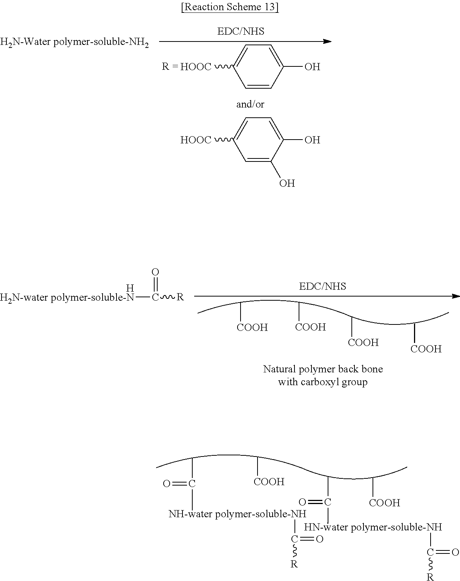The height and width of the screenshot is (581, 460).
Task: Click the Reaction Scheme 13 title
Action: [230, 7]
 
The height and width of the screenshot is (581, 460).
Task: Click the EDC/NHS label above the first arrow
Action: [241, 31]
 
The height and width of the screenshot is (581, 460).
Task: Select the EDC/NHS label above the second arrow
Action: [322, 286]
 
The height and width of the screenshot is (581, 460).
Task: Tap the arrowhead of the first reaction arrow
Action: [328, 41]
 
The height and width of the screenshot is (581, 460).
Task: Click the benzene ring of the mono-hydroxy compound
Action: [258, 67]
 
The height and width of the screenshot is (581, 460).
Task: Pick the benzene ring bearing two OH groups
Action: [258, 140]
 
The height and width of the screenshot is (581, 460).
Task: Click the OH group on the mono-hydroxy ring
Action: [312, 67]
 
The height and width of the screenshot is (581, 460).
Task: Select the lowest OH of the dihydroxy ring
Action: [287, 184]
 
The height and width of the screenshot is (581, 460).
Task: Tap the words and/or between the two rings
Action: [250, 104]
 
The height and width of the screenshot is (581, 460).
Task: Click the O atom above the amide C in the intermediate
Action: [155, 272]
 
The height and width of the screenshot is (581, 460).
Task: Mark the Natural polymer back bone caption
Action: [323, 375]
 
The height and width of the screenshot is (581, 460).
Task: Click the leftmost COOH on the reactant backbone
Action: [252, 327]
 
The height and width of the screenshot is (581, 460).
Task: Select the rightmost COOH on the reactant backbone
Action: [426, 349]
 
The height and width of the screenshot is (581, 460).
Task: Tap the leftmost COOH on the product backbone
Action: [269, 482]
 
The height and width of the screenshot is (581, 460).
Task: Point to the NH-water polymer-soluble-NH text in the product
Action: [237, 514]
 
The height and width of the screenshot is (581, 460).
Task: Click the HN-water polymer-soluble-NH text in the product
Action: [373, 527]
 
